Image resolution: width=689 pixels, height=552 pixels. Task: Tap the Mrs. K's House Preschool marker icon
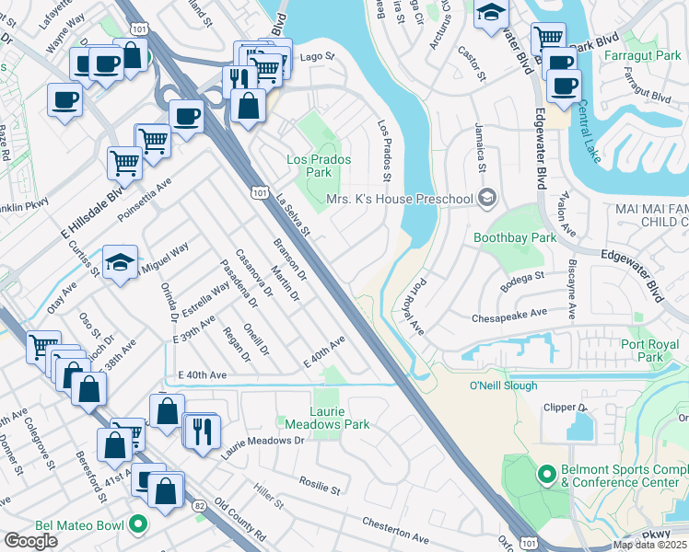coord(487,199)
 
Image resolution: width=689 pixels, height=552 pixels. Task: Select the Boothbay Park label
coord(515,237)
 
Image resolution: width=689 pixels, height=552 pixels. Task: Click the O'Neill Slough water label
coord(503,385)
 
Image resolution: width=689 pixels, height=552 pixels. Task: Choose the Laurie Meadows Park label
coord(327,418)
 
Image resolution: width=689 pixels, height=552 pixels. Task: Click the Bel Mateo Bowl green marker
coord(138,526)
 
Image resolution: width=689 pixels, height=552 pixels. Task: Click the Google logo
coord(30,540)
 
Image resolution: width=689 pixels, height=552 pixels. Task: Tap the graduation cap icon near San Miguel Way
coord(120,262)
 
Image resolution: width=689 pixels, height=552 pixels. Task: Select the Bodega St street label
coord(523,274)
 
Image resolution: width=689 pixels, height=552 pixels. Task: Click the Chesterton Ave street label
coord(396,531)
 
